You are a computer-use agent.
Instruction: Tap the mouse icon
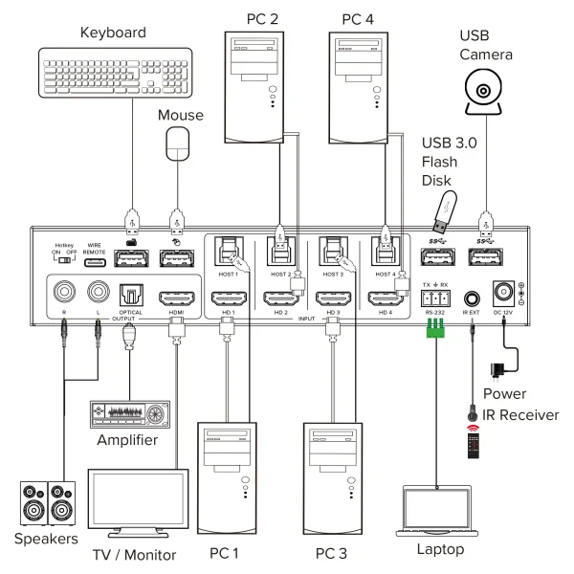pos(177,148)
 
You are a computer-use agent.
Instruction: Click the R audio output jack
pos(66,291)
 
